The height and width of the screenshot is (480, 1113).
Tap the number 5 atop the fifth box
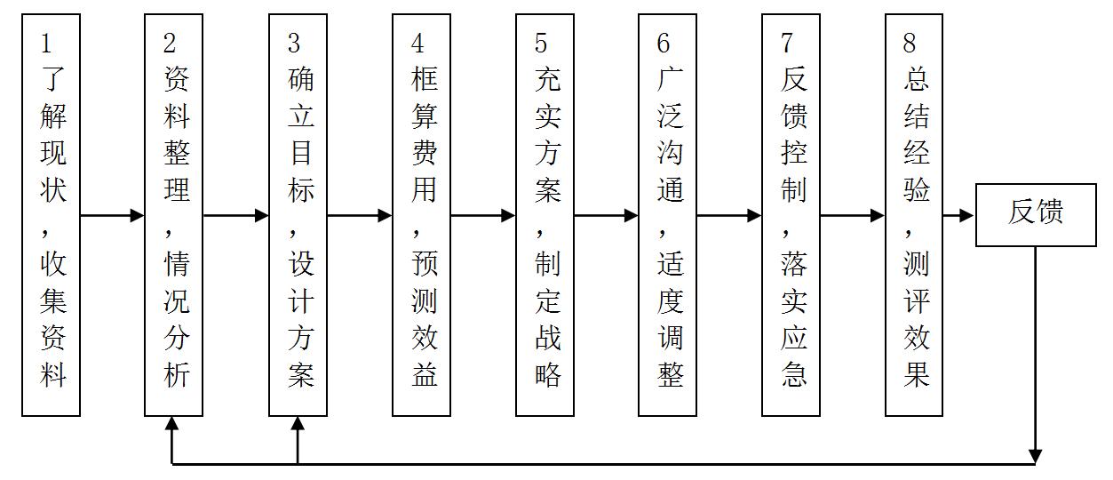[x=541, y=42]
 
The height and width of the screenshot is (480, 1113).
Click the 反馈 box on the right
[x=1035, y=214]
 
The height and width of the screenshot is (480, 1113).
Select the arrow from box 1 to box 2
[x=112, y=215]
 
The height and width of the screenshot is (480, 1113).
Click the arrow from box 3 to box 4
[x=359, y=215]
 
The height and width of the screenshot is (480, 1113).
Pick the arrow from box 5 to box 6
[x=606, y=215]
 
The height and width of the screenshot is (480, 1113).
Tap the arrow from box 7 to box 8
[x=852, y=215]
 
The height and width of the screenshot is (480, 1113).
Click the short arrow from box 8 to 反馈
[x=958, y=215]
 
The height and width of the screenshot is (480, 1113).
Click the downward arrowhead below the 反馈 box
[x=1035, y=455]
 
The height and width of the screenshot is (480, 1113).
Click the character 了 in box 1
[x=52, y=80]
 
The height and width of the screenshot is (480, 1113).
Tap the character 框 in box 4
[x=424, y=80]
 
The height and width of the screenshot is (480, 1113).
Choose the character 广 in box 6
[x=670, y=80]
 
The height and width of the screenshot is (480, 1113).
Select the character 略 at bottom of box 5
[x=547, y=374]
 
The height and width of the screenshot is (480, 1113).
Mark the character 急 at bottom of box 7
[x=793, y=374]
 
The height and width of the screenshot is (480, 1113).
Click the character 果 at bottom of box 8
[x=916, y=374]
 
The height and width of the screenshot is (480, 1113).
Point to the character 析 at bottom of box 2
[x=176, y=374]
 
